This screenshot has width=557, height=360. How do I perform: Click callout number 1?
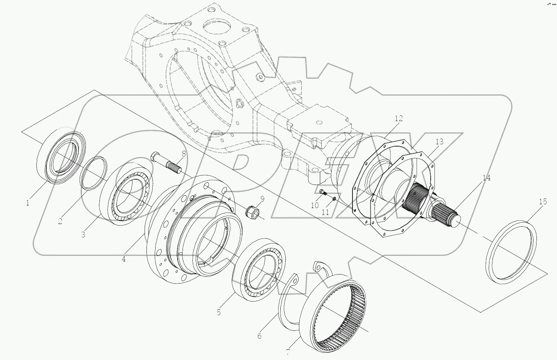tap(27, 203)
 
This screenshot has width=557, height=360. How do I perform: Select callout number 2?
tap(60, 221)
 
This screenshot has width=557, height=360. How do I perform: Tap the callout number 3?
tap(83, 234)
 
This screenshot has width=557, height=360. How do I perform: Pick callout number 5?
tap(219, 312)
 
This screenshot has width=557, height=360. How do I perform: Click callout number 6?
tap(259, 336)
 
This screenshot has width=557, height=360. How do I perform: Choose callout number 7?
tap(288, 352)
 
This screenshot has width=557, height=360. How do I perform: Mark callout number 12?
tap(398, 119)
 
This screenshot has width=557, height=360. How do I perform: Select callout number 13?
tap(439, 142)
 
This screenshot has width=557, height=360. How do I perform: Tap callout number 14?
tap(486, 178)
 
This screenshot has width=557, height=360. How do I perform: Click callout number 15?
tap(543, 202)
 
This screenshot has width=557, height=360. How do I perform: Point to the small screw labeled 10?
tap(323, 193)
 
